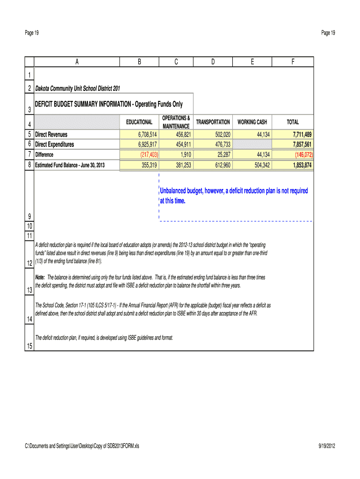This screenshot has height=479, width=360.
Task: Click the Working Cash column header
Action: coord(252,122)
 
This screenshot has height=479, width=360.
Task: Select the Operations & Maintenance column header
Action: coord(176,122)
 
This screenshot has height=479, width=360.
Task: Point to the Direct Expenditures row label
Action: coord(55,145)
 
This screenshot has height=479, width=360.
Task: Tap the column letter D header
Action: coord(213,62)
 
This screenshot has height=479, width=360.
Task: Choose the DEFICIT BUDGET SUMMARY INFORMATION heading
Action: coord(109,104)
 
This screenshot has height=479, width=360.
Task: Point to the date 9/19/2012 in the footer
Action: coord(324,446)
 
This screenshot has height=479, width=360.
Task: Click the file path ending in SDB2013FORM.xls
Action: coord(82,446)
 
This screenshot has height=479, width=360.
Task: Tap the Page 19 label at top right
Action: coord(328,33)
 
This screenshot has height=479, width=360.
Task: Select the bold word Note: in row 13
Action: coord(41,277)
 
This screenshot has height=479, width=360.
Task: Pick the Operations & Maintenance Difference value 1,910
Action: coord(184,155)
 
